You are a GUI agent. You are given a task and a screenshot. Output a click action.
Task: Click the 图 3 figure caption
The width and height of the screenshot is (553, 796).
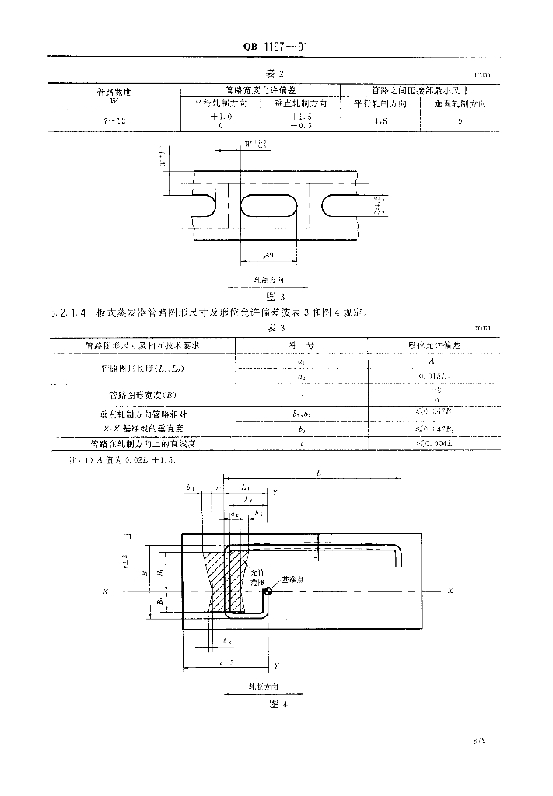277,296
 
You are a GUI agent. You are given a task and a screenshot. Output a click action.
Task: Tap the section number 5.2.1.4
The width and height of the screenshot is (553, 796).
69,313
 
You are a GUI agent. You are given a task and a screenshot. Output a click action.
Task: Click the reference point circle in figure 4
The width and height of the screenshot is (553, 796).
268,592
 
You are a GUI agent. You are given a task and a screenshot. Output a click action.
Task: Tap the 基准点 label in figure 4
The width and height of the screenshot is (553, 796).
294,581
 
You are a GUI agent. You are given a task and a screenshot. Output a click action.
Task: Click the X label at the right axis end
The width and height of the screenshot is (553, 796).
450,592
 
